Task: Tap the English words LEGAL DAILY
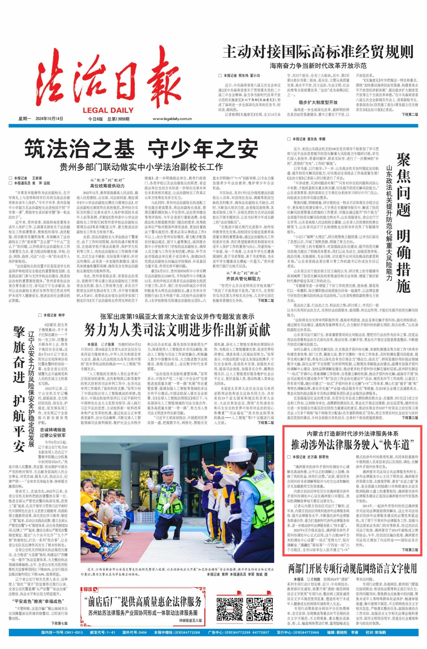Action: (108, 110)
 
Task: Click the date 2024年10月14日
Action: (49, 119)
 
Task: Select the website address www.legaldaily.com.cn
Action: (172, 119)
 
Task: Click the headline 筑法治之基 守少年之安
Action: (141, 149)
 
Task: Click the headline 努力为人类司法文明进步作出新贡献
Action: (177, 330)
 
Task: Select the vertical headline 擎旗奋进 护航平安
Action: (19, 389)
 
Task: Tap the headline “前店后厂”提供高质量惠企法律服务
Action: (143, 602)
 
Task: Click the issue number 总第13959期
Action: (118, 119)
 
